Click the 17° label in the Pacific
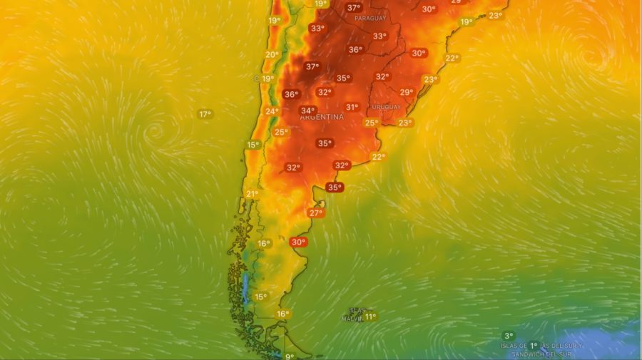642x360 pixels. coord(205,114)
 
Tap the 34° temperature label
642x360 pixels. coord(307,110)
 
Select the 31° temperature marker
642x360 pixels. coord(352,107)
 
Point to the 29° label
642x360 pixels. coord(406,92)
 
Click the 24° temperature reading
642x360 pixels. coord(272,111)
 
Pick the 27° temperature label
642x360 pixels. coord(315,212)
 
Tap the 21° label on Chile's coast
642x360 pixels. coord(252,194)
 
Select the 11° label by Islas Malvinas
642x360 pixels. coord(370,316)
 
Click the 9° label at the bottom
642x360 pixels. coord(290,356)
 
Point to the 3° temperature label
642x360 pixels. coord(508,336)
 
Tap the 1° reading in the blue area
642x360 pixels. coord(533,346)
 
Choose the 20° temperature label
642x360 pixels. coord(272,54)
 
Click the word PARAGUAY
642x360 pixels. coord(370,18)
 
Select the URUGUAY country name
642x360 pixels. coord(385,108)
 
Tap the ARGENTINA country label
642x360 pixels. coord(321,117)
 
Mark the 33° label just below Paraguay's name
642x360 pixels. coord(379,36)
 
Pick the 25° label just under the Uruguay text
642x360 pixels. coord(371,123)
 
